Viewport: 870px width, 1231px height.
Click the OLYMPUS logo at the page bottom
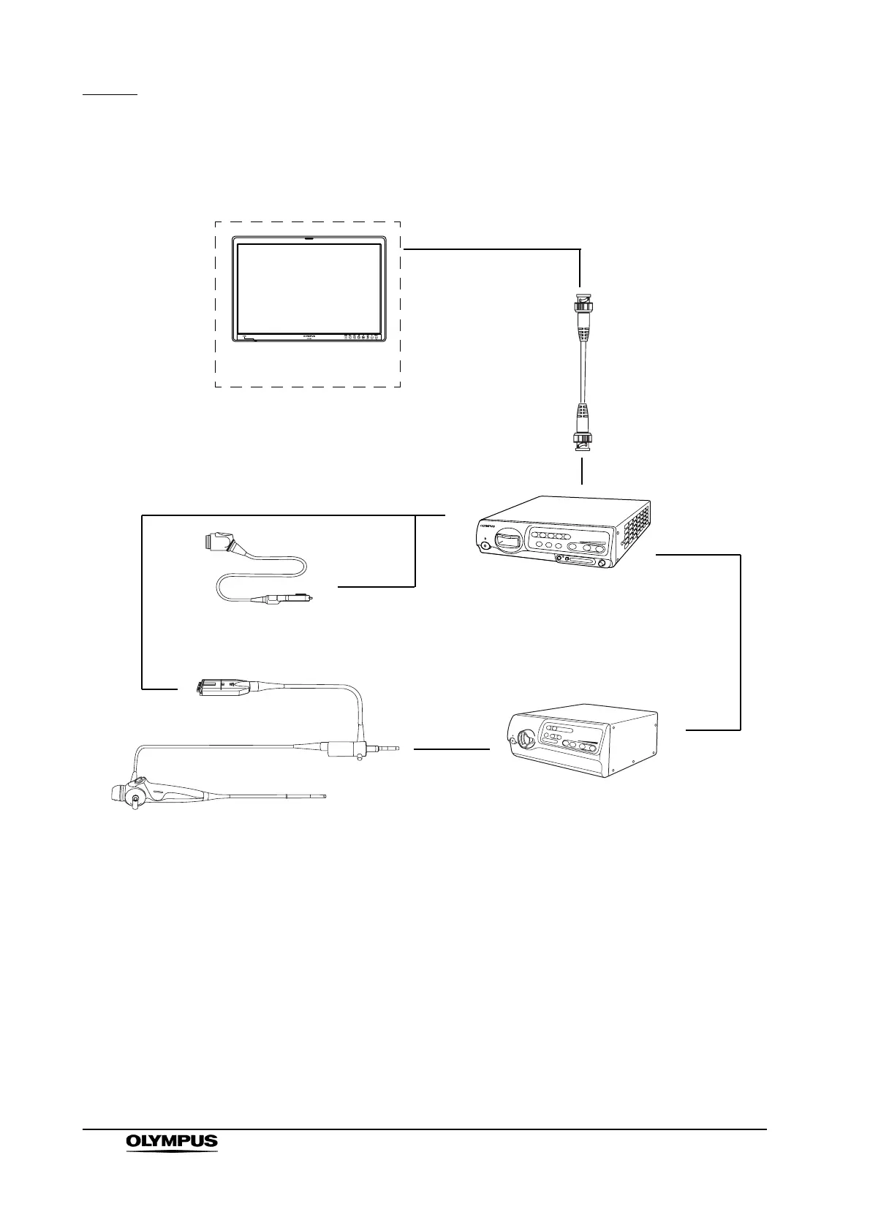click(172, 1162)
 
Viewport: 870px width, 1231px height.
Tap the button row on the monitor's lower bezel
click(361, 337)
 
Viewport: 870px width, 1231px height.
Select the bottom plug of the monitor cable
click(581, 437)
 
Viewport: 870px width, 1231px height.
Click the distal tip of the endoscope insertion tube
click(322, 795)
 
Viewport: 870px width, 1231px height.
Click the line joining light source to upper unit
click(741, 642)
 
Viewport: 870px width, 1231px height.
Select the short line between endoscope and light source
click(451, 749)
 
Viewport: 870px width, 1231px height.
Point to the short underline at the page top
click(110, 94)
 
